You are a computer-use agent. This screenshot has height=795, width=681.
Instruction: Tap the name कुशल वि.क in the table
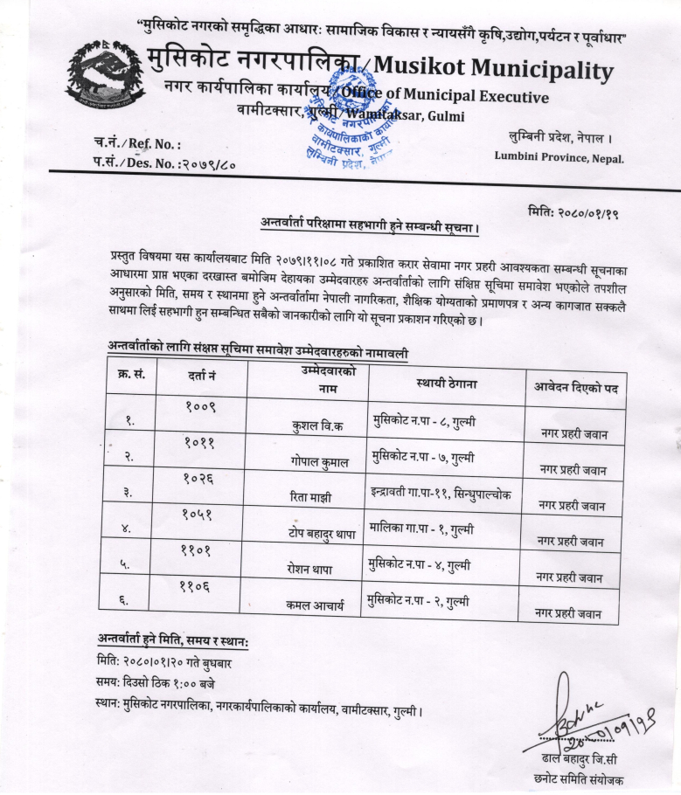click(319, 427)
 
